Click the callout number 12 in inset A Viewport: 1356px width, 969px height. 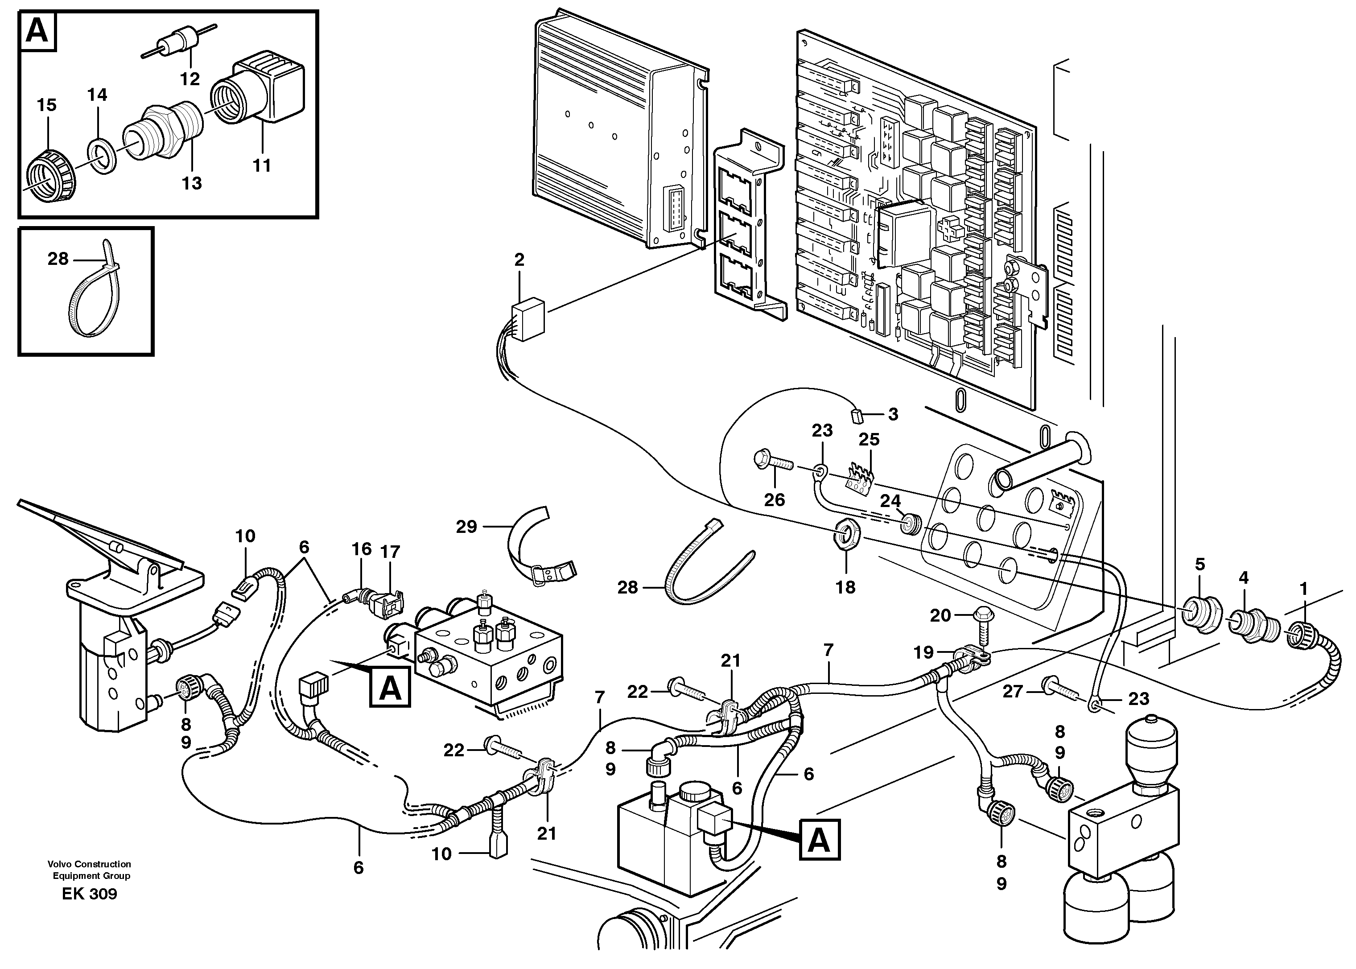(191, 78)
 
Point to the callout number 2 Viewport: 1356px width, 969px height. (519, 260)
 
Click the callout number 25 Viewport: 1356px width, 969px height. (869, 439)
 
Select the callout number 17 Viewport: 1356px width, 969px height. (390, 552)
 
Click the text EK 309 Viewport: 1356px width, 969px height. (90, 894)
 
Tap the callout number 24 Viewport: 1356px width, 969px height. (890, 501)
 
